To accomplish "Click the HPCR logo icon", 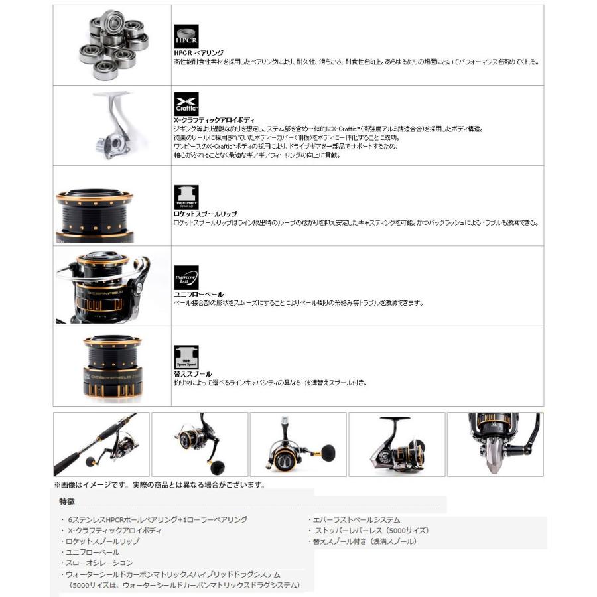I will point(186,34).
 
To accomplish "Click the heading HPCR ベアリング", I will point(198,52).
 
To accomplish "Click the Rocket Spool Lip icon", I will point(186,197).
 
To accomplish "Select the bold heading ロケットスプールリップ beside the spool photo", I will point(204,214).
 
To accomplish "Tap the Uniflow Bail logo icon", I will point(186,277).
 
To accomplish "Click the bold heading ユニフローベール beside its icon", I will point(198,294).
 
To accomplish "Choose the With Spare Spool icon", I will point(186,357).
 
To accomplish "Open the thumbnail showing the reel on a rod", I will point(101,444).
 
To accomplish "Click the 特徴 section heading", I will point(67,501).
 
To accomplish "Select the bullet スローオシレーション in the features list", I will point(99,563).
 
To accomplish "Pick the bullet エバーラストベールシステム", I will point(356,520).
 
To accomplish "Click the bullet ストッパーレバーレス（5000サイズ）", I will point(370,531).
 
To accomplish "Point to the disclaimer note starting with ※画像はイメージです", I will point(159,485).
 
